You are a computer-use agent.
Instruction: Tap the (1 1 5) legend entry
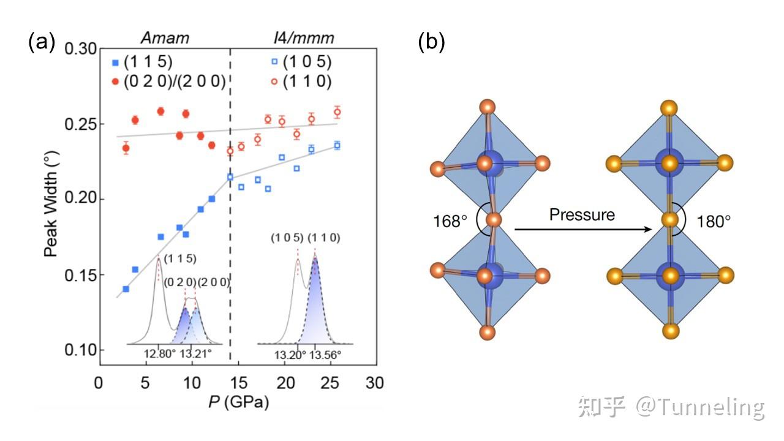tap(143, 62)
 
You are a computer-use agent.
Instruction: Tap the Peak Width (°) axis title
tap(55, 200)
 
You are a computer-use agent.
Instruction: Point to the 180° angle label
tap(713, 221)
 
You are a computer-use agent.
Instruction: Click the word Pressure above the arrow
tap(582, 214)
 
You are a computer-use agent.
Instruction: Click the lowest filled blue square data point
tap(126, 289)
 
